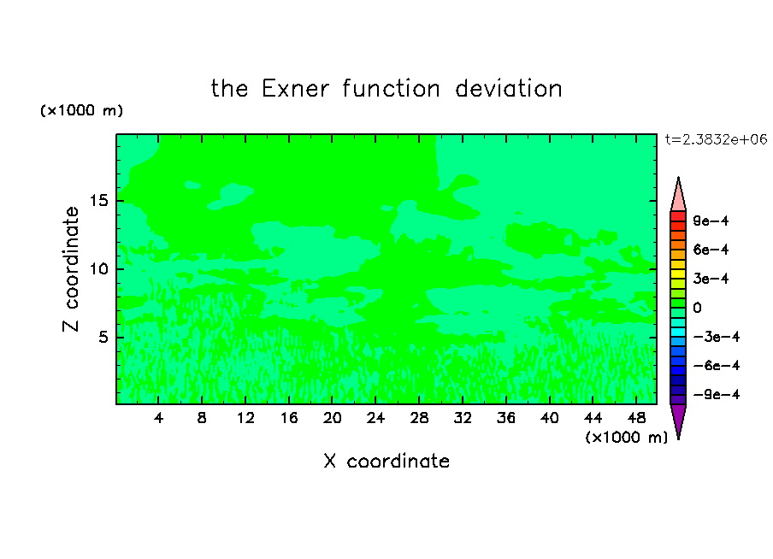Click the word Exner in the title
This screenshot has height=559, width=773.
point(295,89)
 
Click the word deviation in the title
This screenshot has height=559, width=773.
point(509,89)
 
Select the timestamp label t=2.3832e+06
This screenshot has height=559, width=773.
point(717,139)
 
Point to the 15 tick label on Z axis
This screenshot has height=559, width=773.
point(99,201)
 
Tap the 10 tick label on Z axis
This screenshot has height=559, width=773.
point(99,269)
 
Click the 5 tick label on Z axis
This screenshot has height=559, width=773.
point(103,337)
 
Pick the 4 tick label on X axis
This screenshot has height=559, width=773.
point(158,418)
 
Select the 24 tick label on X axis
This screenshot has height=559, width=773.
point(375,418)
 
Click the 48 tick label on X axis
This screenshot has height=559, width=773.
point(636,418)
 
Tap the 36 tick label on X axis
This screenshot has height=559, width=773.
point(506,418)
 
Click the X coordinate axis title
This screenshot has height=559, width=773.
point(387,461)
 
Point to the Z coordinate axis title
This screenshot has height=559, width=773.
point(71,269)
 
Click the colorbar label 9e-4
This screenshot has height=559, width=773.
point(711,221)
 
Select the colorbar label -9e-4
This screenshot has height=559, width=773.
point(717,394)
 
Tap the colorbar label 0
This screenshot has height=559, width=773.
point(697,308)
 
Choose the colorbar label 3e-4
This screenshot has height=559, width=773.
point(711,279)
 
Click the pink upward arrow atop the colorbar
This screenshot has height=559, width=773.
point(678,194)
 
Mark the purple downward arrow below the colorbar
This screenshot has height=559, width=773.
point(678,421)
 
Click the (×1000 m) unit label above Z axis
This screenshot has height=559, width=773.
point(81,110)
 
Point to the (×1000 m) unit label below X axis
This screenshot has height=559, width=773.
point(627,438)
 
